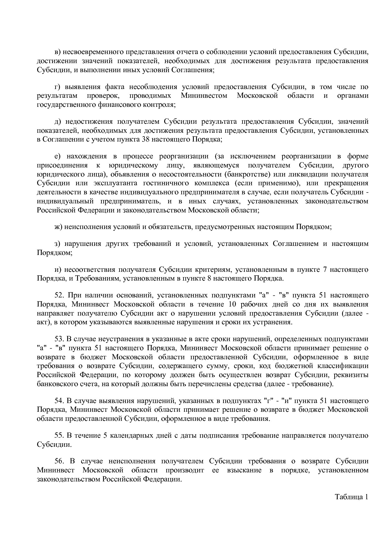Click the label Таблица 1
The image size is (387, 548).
click(x=352, y=497)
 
